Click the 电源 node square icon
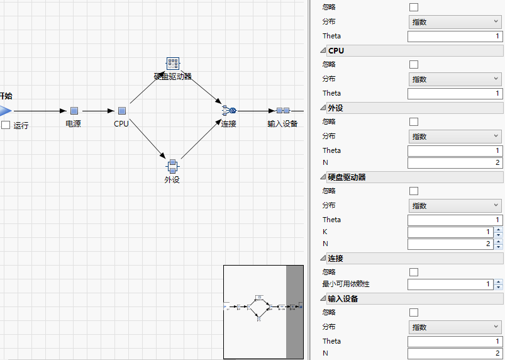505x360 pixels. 74,111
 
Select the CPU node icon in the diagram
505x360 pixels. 122,111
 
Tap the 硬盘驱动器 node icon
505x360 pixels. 173,64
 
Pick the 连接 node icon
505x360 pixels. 228,111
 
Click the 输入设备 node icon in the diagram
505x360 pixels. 282,111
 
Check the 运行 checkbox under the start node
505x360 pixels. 6,125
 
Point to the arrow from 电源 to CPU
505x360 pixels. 98,111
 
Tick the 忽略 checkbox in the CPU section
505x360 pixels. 414,64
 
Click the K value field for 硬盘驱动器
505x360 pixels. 450,232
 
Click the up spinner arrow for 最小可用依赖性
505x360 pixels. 499,282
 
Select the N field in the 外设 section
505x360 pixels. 455,163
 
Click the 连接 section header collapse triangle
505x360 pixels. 323,259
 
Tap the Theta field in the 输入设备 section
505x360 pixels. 455,341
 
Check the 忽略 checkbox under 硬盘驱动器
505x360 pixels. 414,191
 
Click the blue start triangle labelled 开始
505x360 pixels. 5,111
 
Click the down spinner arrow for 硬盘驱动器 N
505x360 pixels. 499,246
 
